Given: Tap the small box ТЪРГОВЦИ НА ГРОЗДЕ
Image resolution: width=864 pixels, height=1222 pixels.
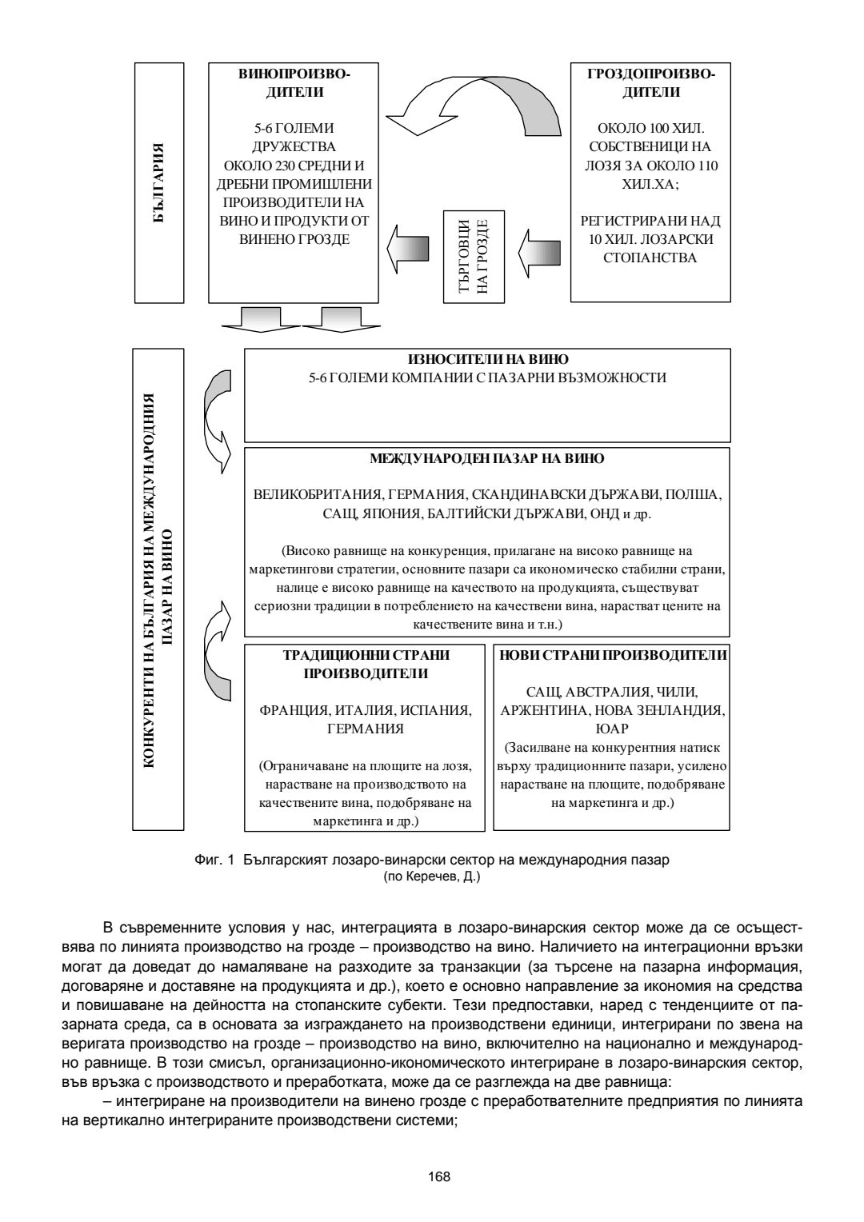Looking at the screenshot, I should coord(474,257).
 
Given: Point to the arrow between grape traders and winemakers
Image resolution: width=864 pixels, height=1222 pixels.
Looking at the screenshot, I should coord(409,248).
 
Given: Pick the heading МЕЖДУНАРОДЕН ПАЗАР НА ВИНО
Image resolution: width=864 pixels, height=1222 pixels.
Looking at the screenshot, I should coord(487,459).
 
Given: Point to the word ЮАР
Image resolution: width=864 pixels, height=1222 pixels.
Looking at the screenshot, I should coord(612,729).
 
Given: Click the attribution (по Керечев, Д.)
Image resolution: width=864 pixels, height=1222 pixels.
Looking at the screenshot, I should coord(432,875).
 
